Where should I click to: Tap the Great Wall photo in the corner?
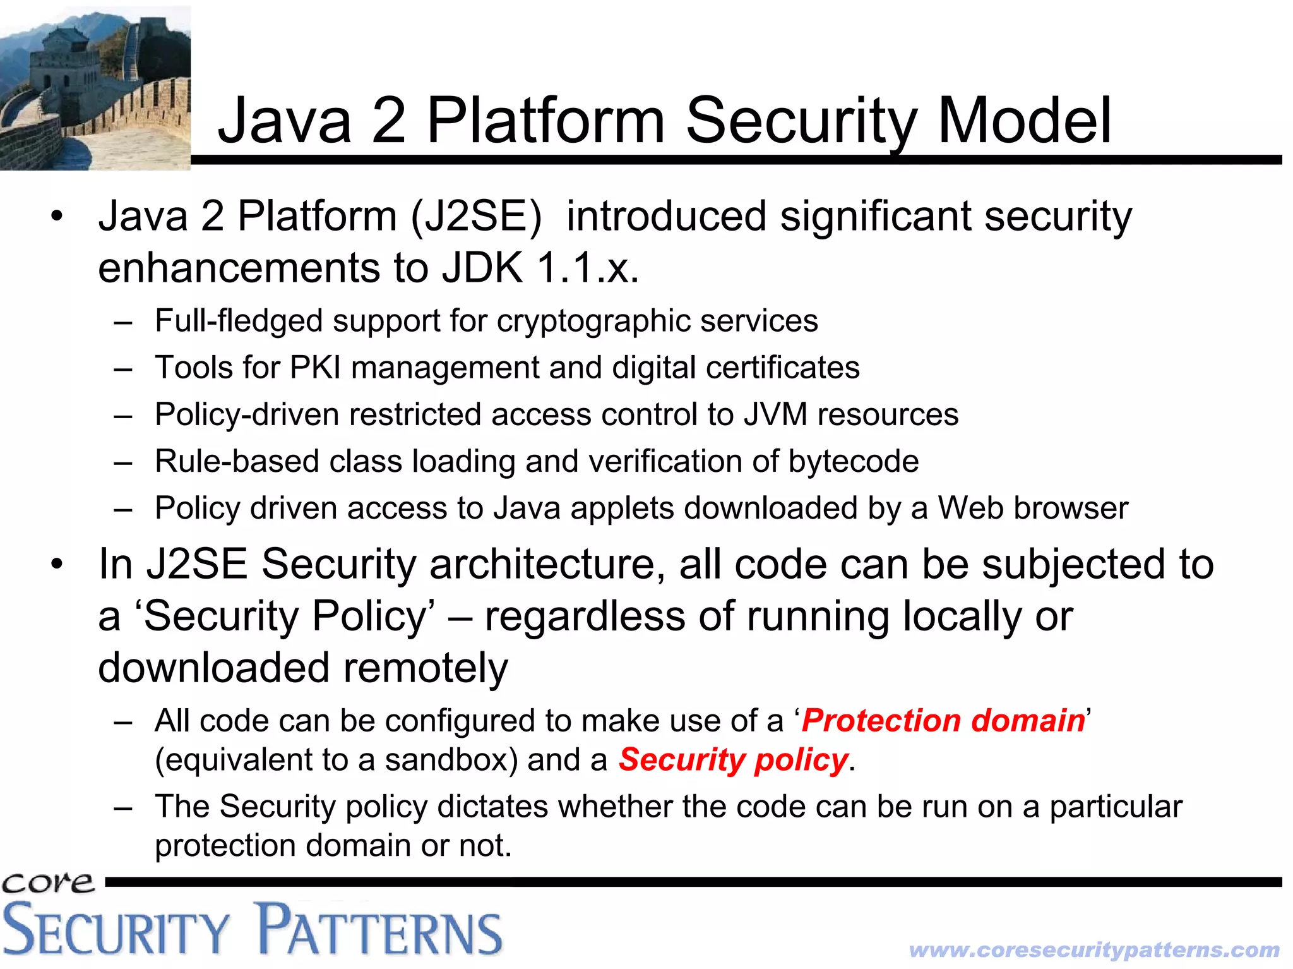(x=95, y=88)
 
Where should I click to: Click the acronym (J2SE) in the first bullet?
(x=476, y=217)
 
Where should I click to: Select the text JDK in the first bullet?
(x=482, y=268)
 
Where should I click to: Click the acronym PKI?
(x=315, y=368)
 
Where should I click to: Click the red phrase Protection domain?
(x=943, y=721)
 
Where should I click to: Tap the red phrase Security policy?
(x=733, y=760)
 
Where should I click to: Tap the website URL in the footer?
(x=1093, y=949)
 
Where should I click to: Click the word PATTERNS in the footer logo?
(x=380, y=930)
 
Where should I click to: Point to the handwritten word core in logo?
(x=48, y=882)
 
